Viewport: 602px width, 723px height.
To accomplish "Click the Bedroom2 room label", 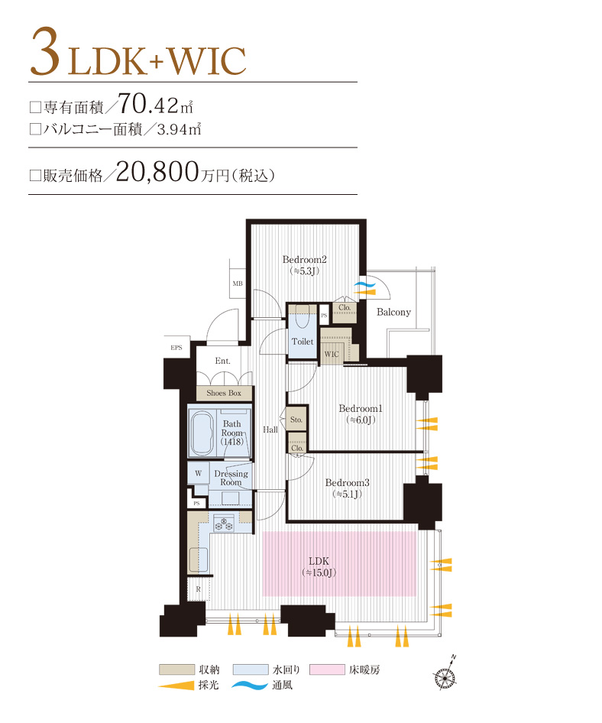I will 305,258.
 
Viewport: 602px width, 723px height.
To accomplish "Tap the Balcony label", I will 393,312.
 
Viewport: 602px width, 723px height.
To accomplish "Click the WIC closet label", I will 332,355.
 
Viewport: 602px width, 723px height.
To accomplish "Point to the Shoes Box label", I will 223,393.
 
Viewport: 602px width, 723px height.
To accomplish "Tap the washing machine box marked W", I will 199,473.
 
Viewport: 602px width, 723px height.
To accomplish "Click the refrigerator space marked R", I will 198,589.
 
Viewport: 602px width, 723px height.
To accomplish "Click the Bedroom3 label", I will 347,482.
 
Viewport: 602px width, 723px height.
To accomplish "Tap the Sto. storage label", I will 296,420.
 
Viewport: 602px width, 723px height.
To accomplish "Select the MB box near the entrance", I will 238,284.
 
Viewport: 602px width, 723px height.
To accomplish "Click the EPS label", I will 176,348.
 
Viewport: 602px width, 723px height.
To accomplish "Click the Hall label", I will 270,430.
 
